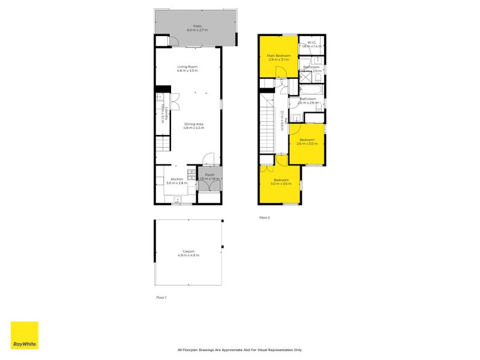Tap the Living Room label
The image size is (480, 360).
pos(187,67)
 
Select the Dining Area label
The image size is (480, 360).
pos(193,124)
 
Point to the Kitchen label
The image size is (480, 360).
pos(176,179)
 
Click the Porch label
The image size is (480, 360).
pos(209,175)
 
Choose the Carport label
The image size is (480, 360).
pos(188,251)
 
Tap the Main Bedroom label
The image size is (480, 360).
pos(278,56)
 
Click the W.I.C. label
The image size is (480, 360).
pos(312,42)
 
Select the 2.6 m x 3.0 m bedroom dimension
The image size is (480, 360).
pos(307,144)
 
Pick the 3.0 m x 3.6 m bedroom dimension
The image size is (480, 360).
pos(281,184)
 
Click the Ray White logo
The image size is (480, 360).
pos(25,335)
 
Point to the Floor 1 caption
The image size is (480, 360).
pos(161,298)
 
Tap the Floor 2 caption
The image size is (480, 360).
pos(265,218)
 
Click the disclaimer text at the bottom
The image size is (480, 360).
pos(240,350)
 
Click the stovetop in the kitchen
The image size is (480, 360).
pos(191,175)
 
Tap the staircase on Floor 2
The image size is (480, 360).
pos(268,123)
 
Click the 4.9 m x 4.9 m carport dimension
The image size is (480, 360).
pos(188,256)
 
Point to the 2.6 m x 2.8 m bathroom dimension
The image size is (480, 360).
pos(307,103)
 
